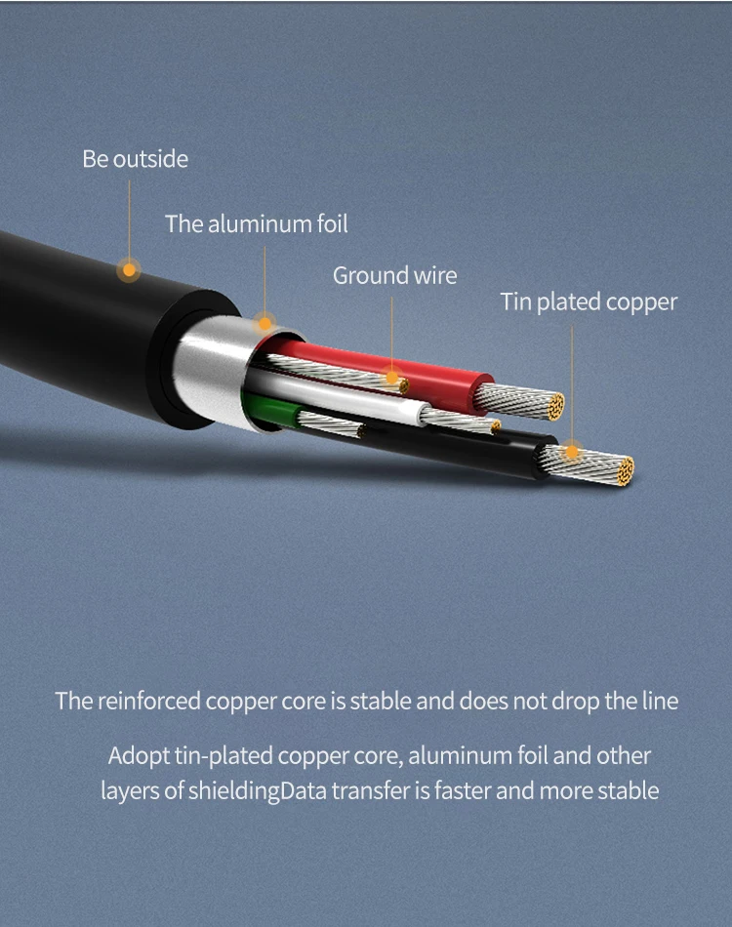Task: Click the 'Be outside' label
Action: tap(135, 159)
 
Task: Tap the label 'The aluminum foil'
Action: tap(256, 224)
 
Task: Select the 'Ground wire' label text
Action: tap(394, 275)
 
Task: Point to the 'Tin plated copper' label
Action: tap(589, 302)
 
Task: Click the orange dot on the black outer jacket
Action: tap(129, 270)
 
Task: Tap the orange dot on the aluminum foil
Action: tap(264, 323)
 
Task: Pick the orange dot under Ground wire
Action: tap(391, 378)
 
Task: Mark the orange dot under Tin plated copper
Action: tap(572, 452)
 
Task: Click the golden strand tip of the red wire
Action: tap(555, 407)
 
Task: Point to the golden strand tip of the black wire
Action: tap(625, 471)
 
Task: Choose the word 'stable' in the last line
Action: tap(628, 791)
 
